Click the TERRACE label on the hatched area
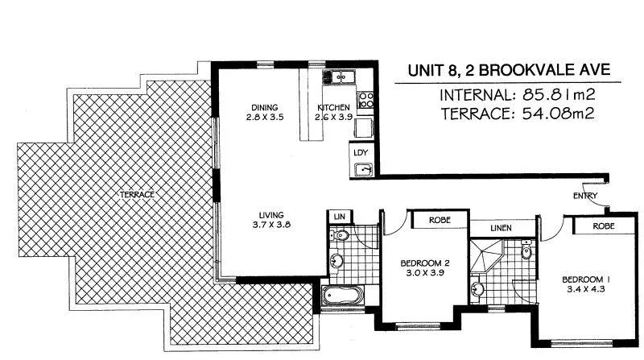[137, 194]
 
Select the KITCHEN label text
[333, 108]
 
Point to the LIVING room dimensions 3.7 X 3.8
[269, 226]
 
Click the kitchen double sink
[339, 77]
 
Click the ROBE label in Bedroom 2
[439, 219]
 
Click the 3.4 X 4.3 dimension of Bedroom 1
[585, 290]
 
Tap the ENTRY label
[585, 196]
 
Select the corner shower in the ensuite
[489, 257]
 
